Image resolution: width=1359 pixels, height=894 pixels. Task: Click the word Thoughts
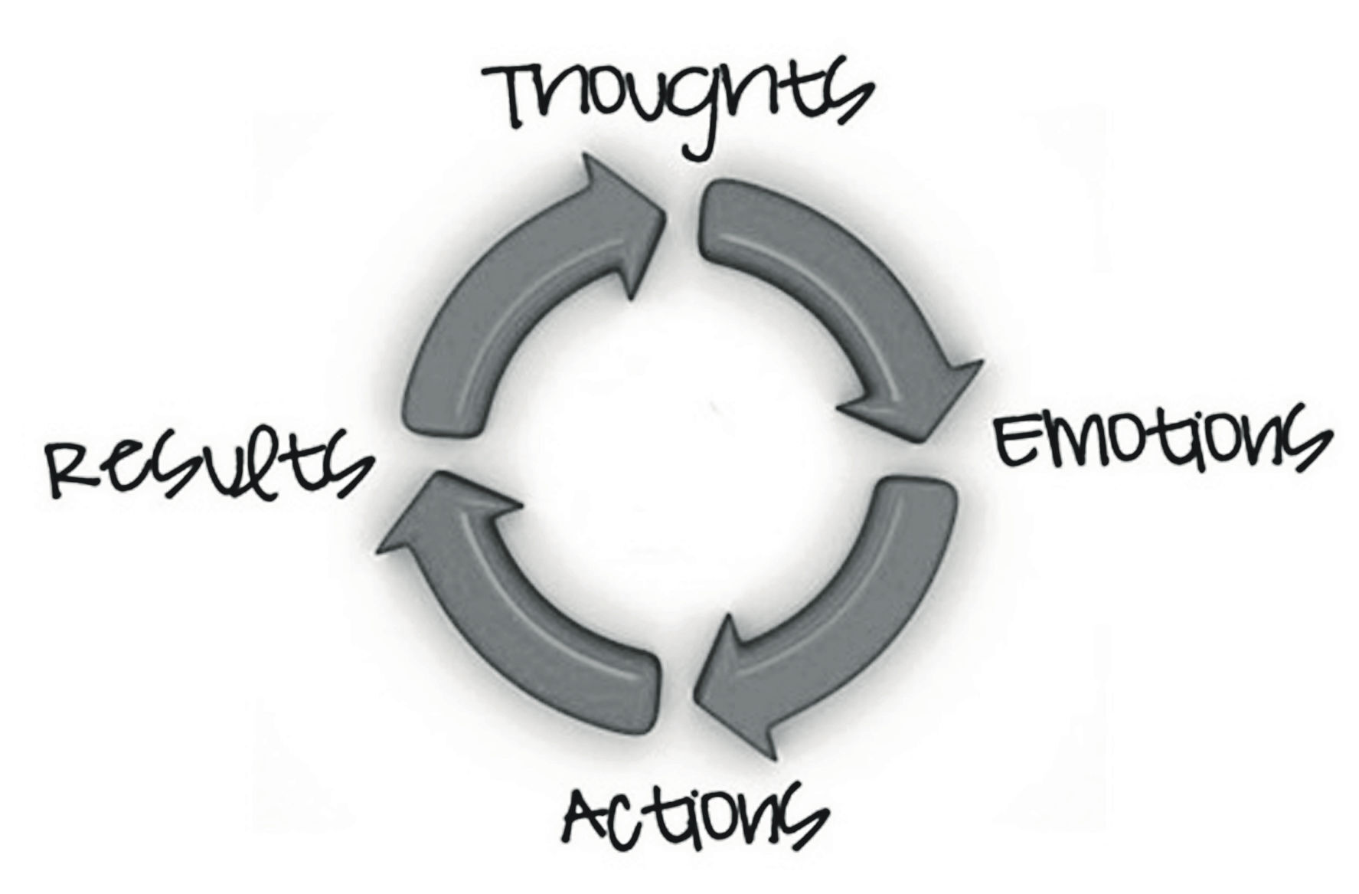(x=678, y=103)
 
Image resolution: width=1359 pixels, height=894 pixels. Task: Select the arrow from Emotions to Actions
(x=865, y=613)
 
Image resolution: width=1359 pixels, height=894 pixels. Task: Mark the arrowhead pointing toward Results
(x=444, y=509)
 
